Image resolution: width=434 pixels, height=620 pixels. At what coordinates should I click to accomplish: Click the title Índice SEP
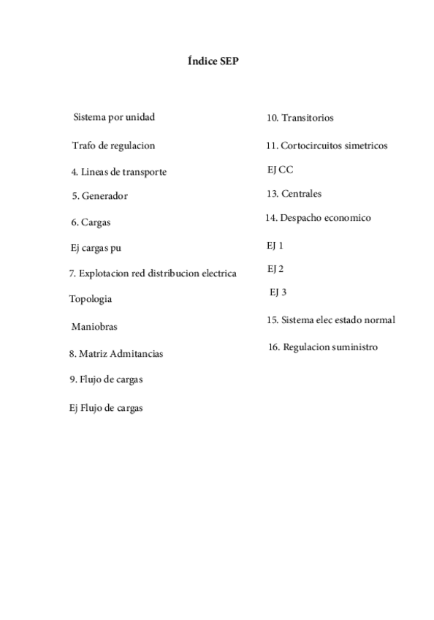tap(214, 62)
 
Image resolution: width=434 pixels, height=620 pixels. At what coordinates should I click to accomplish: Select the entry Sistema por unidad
tap(115, 117)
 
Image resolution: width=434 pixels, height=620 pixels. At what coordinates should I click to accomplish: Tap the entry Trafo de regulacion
tap(113, 145)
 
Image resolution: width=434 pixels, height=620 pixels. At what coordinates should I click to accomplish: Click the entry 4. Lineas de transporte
tap(118, 173)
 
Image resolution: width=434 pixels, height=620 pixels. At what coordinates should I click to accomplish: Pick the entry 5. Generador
tap(100, 196)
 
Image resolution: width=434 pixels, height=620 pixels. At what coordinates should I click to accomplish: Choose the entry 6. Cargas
tap(91, 222)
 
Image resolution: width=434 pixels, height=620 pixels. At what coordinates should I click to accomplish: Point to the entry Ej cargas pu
tap(95, 249)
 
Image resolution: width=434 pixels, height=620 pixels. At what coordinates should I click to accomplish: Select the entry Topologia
tap(91, 299)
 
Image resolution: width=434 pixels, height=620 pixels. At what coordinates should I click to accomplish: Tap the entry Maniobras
tap(94, 327)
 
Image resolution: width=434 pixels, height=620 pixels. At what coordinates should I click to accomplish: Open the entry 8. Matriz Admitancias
tap(115, 354)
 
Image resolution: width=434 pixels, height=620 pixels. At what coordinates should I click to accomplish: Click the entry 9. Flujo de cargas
tap(106, 379)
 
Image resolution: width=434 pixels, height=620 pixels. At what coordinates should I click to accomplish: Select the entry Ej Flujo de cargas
tap(105, 408)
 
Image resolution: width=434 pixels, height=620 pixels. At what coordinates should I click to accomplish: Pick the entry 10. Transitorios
tap(300, 118)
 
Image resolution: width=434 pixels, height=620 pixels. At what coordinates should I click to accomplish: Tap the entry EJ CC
tap(280, 170)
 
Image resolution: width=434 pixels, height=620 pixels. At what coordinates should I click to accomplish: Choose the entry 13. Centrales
tap(294, 194)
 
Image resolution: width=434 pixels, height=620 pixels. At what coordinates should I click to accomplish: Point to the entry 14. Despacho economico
tap(318, 218)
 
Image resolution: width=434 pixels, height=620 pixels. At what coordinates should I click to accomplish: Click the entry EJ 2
tap(275, 269)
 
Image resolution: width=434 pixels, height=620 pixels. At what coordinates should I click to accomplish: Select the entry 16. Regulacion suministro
tap(322, 347)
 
